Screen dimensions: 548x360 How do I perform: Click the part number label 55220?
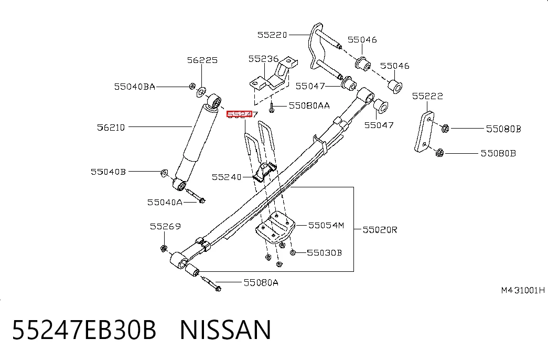[x=272, y=35]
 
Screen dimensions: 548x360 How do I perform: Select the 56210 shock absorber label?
[x=111, y=128]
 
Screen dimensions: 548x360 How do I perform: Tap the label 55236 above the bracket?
[x=264, y=59]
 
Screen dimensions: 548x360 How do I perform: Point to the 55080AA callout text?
[x=309, y=105]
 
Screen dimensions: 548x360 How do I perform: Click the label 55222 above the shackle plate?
[x=427, y=96]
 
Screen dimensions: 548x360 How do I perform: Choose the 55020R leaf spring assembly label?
[x=380, y=230]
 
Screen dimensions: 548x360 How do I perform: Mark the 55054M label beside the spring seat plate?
[x=326, y=226]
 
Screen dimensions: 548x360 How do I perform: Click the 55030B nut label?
[x=324, y=252]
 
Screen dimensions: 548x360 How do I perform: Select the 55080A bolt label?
[x=261, y=283]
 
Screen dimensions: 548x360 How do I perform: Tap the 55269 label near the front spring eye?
[x=165, y=227]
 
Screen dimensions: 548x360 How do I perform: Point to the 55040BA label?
[x=135, y=87]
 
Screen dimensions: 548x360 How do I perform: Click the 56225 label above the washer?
[x=202, y=60]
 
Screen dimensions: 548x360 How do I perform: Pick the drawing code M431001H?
[x=523, y=290]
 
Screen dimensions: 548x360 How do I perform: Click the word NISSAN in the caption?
[x=225, y=329]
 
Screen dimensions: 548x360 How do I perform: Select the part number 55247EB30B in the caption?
[x=84, y=329]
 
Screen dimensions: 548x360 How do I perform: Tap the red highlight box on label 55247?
[x=240, y=114]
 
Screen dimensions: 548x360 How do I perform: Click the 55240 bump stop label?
[x=227, y=177]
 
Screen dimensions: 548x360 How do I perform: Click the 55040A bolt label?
[x=165, y=203]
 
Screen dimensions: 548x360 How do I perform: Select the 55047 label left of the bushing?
[x=310, y=86]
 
